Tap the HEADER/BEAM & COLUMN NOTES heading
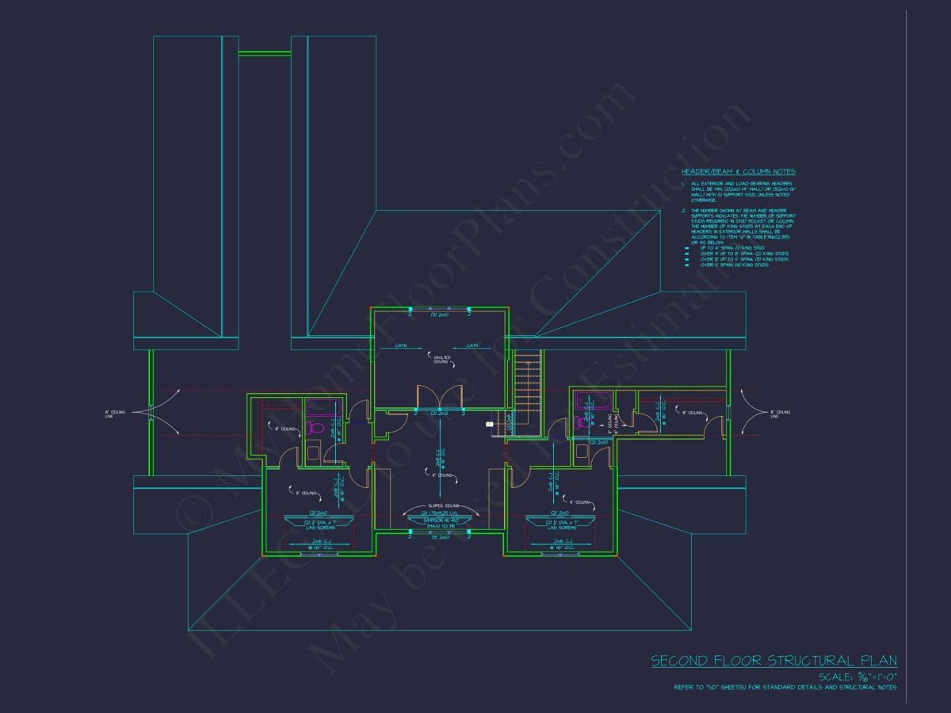pos(738,172)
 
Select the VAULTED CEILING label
pos(441,359)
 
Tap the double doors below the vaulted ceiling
pos(439,396)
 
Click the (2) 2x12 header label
pos(440,414)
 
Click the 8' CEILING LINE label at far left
pos(112,414)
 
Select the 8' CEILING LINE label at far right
pos(780,414)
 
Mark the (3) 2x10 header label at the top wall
pos(440,315)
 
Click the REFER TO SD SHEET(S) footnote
pos(785,688)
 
